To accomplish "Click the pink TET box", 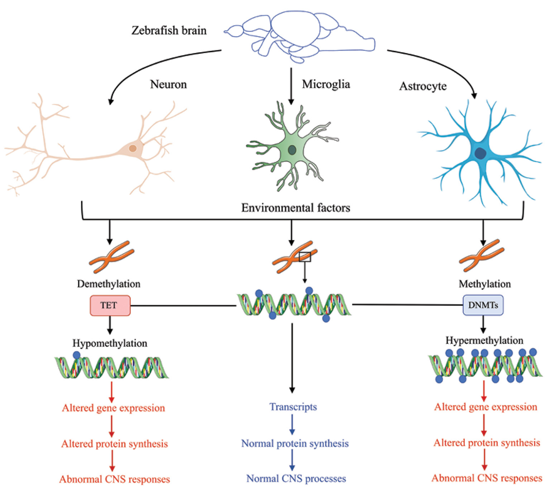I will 110,306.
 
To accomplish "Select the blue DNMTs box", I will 483,305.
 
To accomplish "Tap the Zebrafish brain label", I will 169,30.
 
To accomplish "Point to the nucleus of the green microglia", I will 292,150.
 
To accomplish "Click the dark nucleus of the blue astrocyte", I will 480,153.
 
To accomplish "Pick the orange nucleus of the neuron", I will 133,148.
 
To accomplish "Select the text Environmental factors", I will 296,208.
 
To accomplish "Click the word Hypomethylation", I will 110,343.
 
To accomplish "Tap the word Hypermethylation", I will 484,340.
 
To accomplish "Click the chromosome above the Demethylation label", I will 111,256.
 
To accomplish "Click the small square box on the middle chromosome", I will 305,257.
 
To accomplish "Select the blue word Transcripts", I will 293,407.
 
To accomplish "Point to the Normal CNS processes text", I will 296,479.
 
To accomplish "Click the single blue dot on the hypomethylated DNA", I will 76,355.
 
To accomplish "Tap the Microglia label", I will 326,84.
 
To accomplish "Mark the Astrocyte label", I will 423,86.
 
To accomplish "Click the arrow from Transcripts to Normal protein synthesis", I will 292,425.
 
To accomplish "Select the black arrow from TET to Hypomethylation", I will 110,326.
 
